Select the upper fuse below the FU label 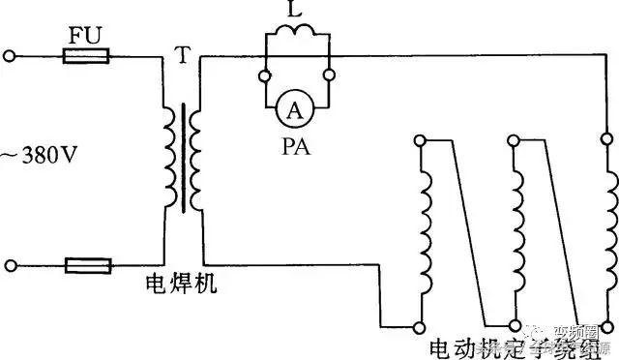click(86, 58)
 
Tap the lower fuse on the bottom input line click(86, 264)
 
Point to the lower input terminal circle click(10, 264)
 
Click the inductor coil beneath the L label click(297, 36)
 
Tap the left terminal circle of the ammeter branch click(263, 73)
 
